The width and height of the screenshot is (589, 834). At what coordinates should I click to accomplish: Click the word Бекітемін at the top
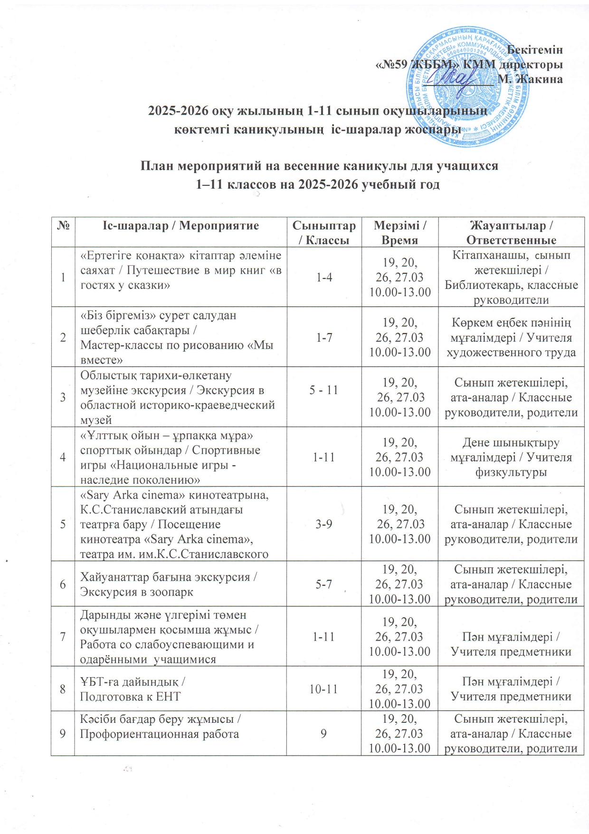[x=535, y=49]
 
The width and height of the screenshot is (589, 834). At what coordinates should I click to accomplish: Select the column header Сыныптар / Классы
[x=323, y=232]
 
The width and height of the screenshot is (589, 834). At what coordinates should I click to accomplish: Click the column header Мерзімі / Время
[x=399, y=232]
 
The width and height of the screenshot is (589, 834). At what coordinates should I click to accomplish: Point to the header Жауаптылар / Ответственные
[x=511, y=232]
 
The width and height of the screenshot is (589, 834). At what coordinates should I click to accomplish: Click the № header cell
[x=63, y=225]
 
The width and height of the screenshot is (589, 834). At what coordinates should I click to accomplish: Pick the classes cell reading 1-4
[x=324, y=277]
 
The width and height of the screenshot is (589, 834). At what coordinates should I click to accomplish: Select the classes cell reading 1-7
[x=324, y=337]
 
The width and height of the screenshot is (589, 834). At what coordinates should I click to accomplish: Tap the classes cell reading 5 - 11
[x=324, y=390]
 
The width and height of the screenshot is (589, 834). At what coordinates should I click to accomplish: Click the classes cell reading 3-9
[x=324, y=524]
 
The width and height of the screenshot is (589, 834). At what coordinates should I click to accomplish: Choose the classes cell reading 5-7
[x=324, y=584]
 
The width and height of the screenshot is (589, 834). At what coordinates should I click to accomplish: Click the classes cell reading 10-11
[x=323, y=689]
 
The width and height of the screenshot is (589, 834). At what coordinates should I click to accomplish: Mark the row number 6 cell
[x=63, y=584]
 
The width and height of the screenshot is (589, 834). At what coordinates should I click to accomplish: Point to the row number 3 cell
[x=63, y=397]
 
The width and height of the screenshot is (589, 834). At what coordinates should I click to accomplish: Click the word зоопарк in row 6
[x=169, y=593]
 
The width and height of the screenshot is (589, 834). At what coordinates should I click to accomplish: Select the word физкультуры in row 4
[x=511, y=472]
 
